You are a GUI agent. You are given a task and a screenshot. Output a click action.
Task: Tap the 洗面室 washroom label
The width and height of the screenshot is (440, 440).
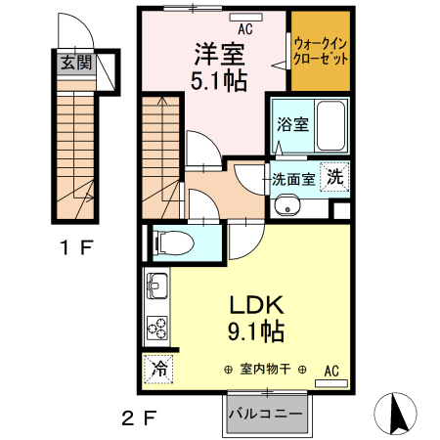click(293, 179)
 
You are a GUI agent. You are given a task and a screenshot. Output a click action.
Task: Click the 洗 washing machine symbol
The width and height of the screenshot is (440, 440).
click(335, 178)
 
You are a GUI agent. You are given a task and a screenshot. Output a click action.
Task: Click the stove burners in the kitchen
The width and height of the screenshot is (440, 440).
click(156, 326)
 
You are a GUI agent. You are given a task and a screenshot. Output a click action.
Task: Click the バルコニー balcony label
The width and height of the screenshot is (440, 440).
click(266, 413)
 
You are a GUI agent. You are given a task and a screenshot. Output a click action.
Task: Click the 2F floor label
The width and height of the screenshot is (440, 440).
click(139, 419)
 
